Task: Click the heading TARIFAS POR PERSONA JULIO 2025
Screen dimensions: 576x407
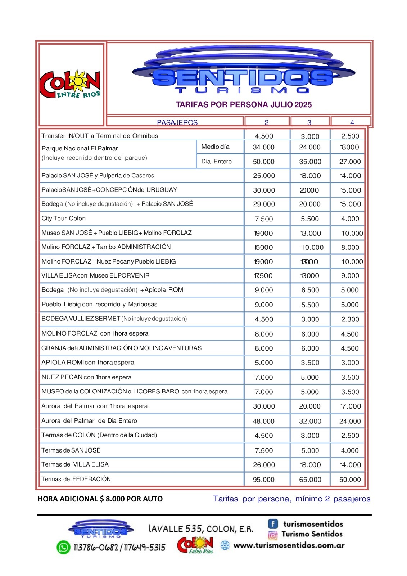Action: tap(244, 105)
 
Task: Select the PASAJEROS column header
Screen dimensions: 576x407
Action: tap(177, 122)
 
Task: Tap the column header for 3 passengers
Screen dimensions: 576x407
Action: tap(309, 122)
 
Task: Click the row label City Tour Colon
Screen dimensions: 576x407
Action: tap(64, 219)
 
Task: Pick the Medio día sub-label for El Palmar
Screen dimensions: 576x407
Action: tap(215, 147)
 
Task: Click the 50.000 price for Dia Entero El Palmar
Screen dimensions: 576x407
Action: tap(263, 162)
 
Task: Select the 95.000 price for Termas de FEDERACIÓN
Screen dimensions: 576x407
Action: tap(263, 480)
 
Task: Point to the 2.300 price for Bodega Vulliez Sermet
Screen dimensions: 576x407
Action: tap(350, 319)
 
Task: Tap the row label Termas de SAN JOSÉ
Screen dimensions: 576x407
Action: tap(71, 450)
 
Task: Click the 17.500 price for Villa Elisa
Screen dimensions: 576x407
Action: tap(263, 276)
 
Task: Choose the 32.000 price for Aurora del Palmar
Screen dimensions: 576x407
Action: tap(310, 421)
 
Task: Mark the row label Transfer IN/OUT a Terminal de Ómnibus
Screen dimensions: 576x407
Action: tap(100, 136)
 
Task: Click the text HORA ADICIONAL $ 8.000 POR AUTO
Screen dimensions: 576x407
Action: tap(100, 499)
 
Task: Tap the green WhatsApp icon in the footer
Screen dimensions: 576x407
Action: tap(63, 547)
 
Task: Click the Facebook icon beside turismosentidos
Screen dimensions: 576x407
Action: tap(273, 524)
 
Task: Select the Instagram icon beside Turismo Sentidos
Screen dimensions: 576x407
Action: tap(273, 535)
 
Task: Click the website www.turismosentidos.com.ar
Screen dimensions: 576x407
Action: tap(289, 545)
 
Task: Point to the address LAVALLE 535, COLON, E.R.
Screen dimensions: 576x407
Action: tap(201, 529)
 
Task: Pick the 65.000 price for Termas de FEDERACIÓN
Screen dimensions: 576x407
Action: tap(310, 480)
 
